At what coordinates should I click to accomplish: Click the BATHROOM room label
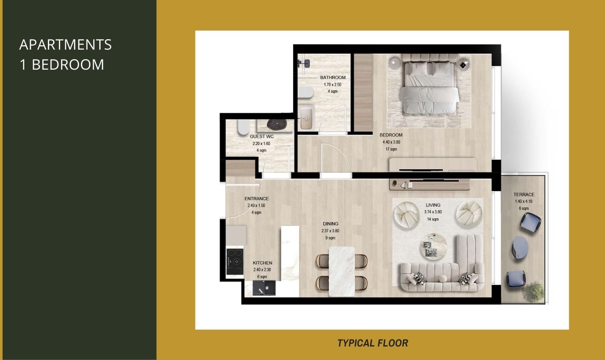(333, 77)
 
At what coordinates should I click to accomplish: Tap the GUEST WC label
(261, 137)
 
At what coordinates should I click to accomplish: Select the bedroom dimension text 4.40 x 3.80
(391, 142)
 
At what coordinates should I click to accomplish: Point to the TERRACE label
(524, 195)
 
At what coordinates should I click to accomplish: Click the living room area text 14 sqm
(433, 219)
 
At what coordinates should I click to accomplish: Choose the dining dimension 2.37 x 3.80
(330, 231)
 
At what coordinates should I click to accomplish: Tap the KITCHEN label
(262, 263)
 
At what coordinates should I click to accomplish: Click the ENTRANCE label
(256, 199)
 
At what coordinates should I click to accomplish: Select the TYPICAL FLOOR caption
(372, 343)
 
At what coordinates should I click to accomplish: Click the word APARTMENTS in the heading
(65, 44)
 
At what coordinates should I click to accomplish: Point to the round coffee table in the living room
(433, 247)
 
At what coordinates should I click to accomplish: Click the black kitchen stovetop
(235, 262)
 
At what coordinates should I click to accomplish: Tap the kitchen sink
(264, 288)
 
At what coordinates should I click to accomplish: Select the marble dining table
(341, 272)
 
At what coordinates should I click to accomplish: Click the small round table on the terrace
(521, 247)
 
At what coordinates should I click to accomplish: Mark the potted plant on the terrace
(533, 292)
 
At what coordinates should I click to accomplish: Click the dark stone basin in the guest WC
(277, 124)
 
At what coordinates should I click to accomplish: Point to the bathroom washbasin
(306, 118)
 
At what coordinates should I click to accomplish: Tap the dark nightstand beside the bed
(463, 65)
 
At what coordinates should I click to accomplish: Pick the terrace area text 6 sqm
(524, 209)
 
